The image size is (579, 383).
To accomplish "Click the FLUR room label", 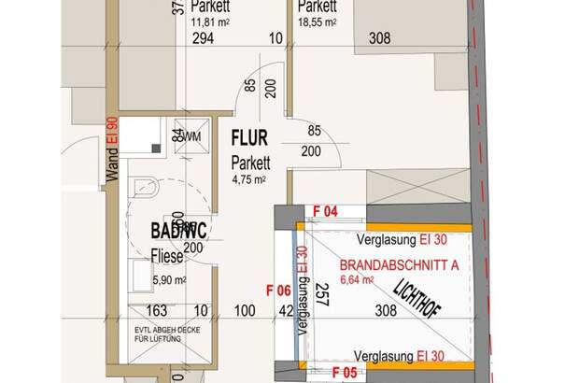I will point(249,141).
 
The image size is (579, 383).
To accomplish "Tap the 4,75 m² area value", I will point(249,178).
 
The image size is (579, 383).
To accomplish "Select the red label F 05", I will point(345,373).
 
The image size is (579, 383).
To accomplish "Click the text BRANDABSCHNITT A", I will point(399,264).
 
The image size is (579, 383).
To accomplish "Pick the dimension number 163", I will point(157,310).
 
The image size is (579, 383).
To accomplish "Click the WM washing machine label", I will point(191,136).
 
